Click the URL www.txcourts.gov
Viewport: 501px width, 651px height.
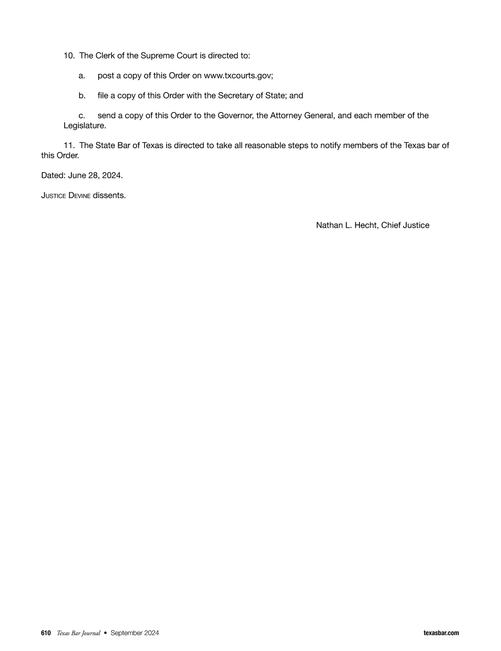[x=238, y=76]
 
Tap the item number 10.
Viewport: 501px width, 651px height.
[x=69, y=56]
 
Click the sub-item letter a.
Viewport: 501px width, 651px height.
[x=82, y=76]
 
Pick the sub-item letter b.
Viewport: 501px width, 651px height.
[x=82, y=96]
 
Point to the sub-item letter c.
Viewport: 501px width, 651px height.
[x=82, y=116]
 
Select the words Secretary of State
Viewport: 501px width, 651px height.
[x=246, y=96]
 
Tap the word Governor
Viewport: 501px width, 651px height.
[x=234, y=116]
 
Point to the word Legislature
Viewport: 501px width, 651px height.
[x=84, y=125]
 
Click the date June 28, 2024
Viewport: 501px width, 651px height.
[x=95, y=175]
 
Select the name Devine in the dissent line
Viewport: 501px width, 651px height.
[x=79, y=196]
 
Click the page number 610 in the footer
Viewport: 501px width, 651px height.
[x=46, y=633]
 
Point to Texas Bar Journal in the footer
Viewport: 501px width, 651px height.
[x=78, y=633]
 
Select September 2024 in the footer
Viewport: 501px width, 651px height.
[x=134, y=633]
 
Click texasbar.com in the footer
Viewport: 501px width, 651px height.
[x=441, y=633]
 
